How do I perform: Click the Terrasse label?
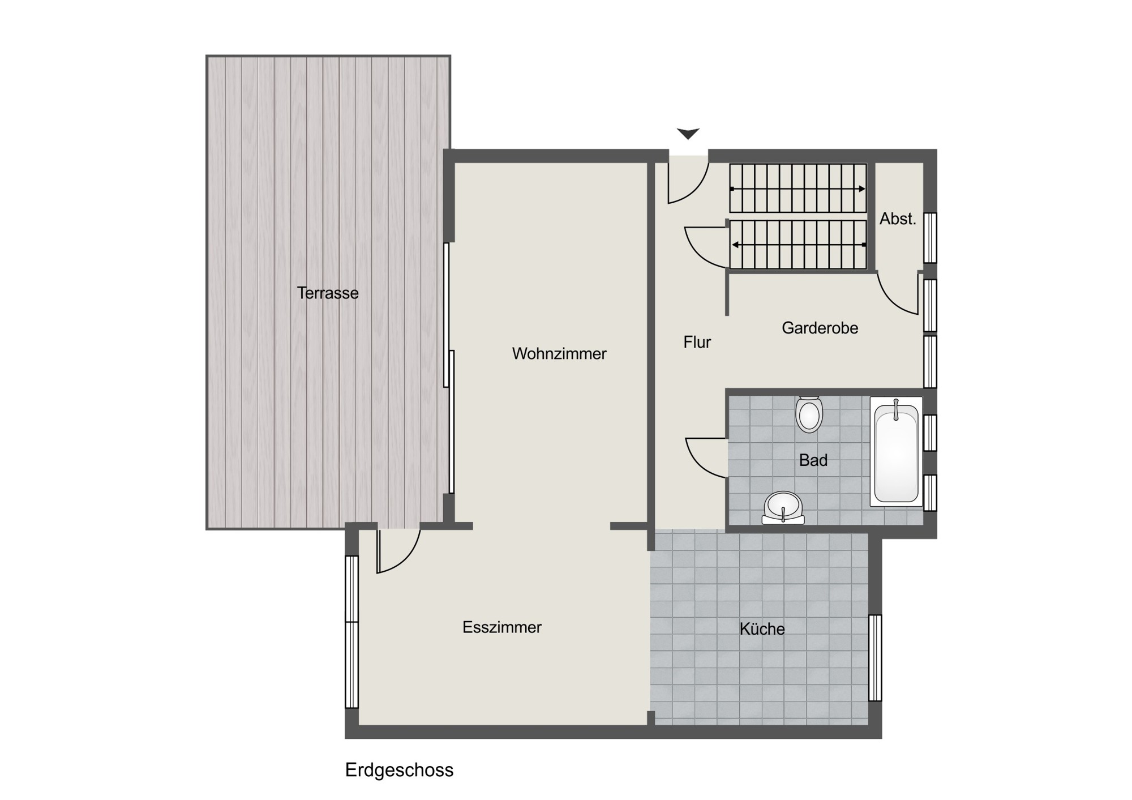pos(328,293)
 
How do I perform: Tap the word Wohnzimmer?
pos(559,353)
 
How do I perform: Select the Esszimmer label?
pos(502,627)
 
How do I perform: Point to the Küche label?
pos(762,628)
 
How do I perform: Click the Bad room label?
pos(813,460)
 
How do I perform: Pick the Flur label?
pos(697,342)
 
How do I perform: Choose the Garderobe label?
pos(820,328)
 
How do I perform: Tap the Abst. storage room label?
pos(898,219)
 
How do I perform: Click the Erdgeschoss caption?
pos(400,770)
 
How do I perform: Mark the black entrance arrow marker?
pos(688,134)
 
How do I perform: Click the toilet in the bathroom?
pos(809,414)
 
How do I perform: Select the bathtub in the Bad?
pos(896,451)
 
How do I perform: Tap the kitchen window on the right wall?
pos(875,657)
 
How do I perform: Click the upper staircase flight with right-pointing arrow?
pos(798,189)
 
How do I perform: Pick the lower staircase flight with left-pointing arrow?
pos(798,245)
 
